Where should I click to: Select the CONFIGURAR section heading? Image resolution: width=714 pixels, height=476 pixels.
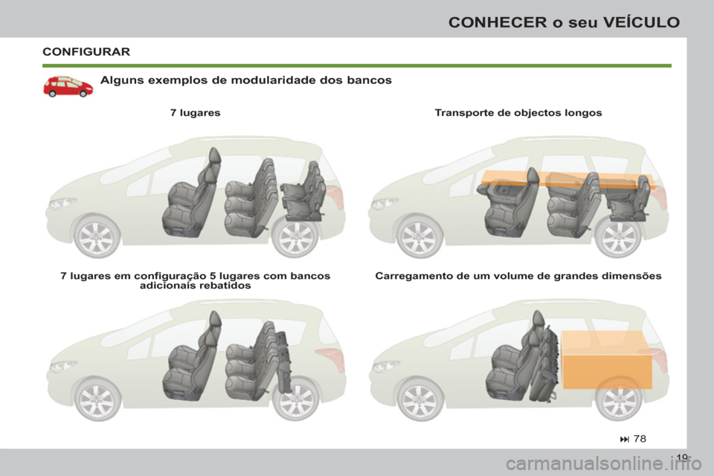(86, 52)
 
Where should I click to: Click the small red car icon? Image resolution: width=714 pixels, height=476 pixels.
(68, 86)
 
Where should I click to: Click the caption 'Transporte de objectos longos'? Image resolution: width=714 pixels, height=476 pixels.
(518, 113)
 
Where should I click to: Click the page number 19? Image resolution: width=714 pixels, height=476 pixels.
(684, 458)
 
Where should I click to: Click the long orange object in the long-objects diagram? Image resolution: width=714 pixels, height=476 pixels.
(565, 178)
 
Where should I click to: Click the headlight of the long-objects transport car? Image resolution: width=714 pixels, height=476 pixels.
(385, 203)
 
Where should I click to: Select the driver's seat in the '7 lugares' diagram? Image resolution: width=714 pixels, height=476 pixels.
(190, 201)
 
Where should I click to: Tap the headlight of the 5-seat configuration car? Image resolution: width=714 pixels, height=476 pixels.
(62, 366)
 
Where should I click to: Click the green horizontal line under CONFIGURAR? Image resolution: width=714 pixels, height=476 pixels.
(357, 65)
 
